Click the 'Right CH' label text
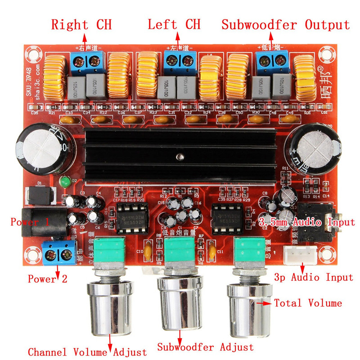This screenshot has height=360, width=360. point(81,24)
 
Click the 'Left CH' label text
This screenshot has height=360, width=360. point(174,24)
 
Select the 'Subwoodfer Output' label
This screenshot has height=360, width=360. point(285,24)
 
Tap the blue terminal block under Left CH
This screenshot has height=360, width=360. point(180,63)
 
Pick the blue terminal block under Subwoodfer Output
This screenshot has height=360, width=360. point(272,63)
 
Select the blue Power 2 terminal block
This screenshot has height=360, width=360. point(59,253)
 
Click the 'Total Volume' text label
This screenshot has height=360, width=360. point(308,303)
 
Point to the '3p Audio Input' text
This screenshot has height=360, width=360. point(313,277)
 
